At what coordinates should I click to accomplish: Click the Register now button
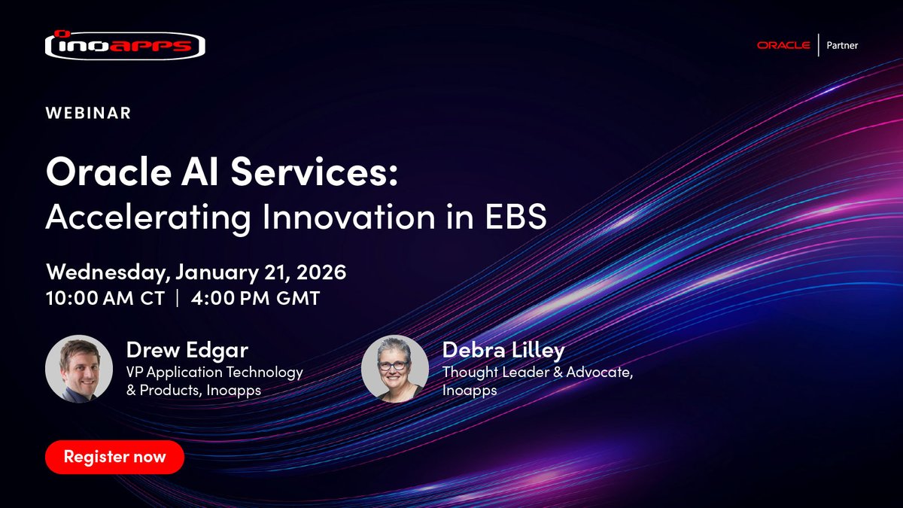click(x=114, y=457)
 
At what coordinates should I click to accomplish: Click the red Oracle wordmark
click(x=783, y=45)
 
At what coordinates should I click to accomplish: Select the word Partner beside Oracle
click(x=842, y=45)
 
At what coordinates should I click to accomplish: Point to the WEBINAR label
click(x=89, y=113)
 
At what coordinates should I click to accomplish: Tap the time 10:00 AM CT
click(x=105, y=298)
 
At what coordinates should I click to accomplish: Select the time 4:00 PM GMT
click(x=255, y=298)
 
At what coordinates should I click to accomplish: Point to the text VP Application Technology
click(x=214, y=372)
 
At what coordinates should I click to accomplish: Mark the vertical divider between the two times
click(x=178, y=298)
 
